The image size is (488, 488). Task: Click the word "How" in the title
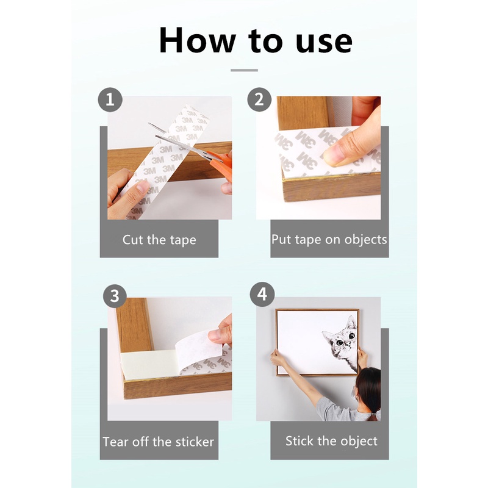[197, 40]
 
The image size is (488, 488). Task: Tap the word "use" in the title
[324, 42]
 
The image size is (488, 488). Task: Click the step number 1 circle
[110, 99]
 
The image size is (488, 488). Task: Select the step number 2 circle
[259, 99]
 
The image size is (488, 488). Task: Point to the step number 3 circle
[115, 296]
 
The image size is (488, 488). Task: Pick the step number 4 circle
[262, 294]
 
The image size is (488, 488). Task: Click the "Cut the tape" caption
[159, 240]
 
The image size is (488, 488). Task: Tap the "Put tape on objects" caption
[329, 240]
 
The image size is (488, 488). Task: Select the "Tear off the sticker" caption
[159, 442]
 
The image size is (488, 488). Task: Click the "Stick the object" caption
[331, 441]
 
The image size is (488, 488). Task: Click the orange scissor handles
[221, 164]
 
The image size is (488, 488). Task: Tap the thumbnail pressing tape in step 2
[332, 156]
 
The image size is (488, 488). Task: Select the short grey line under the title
[245, 70]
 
